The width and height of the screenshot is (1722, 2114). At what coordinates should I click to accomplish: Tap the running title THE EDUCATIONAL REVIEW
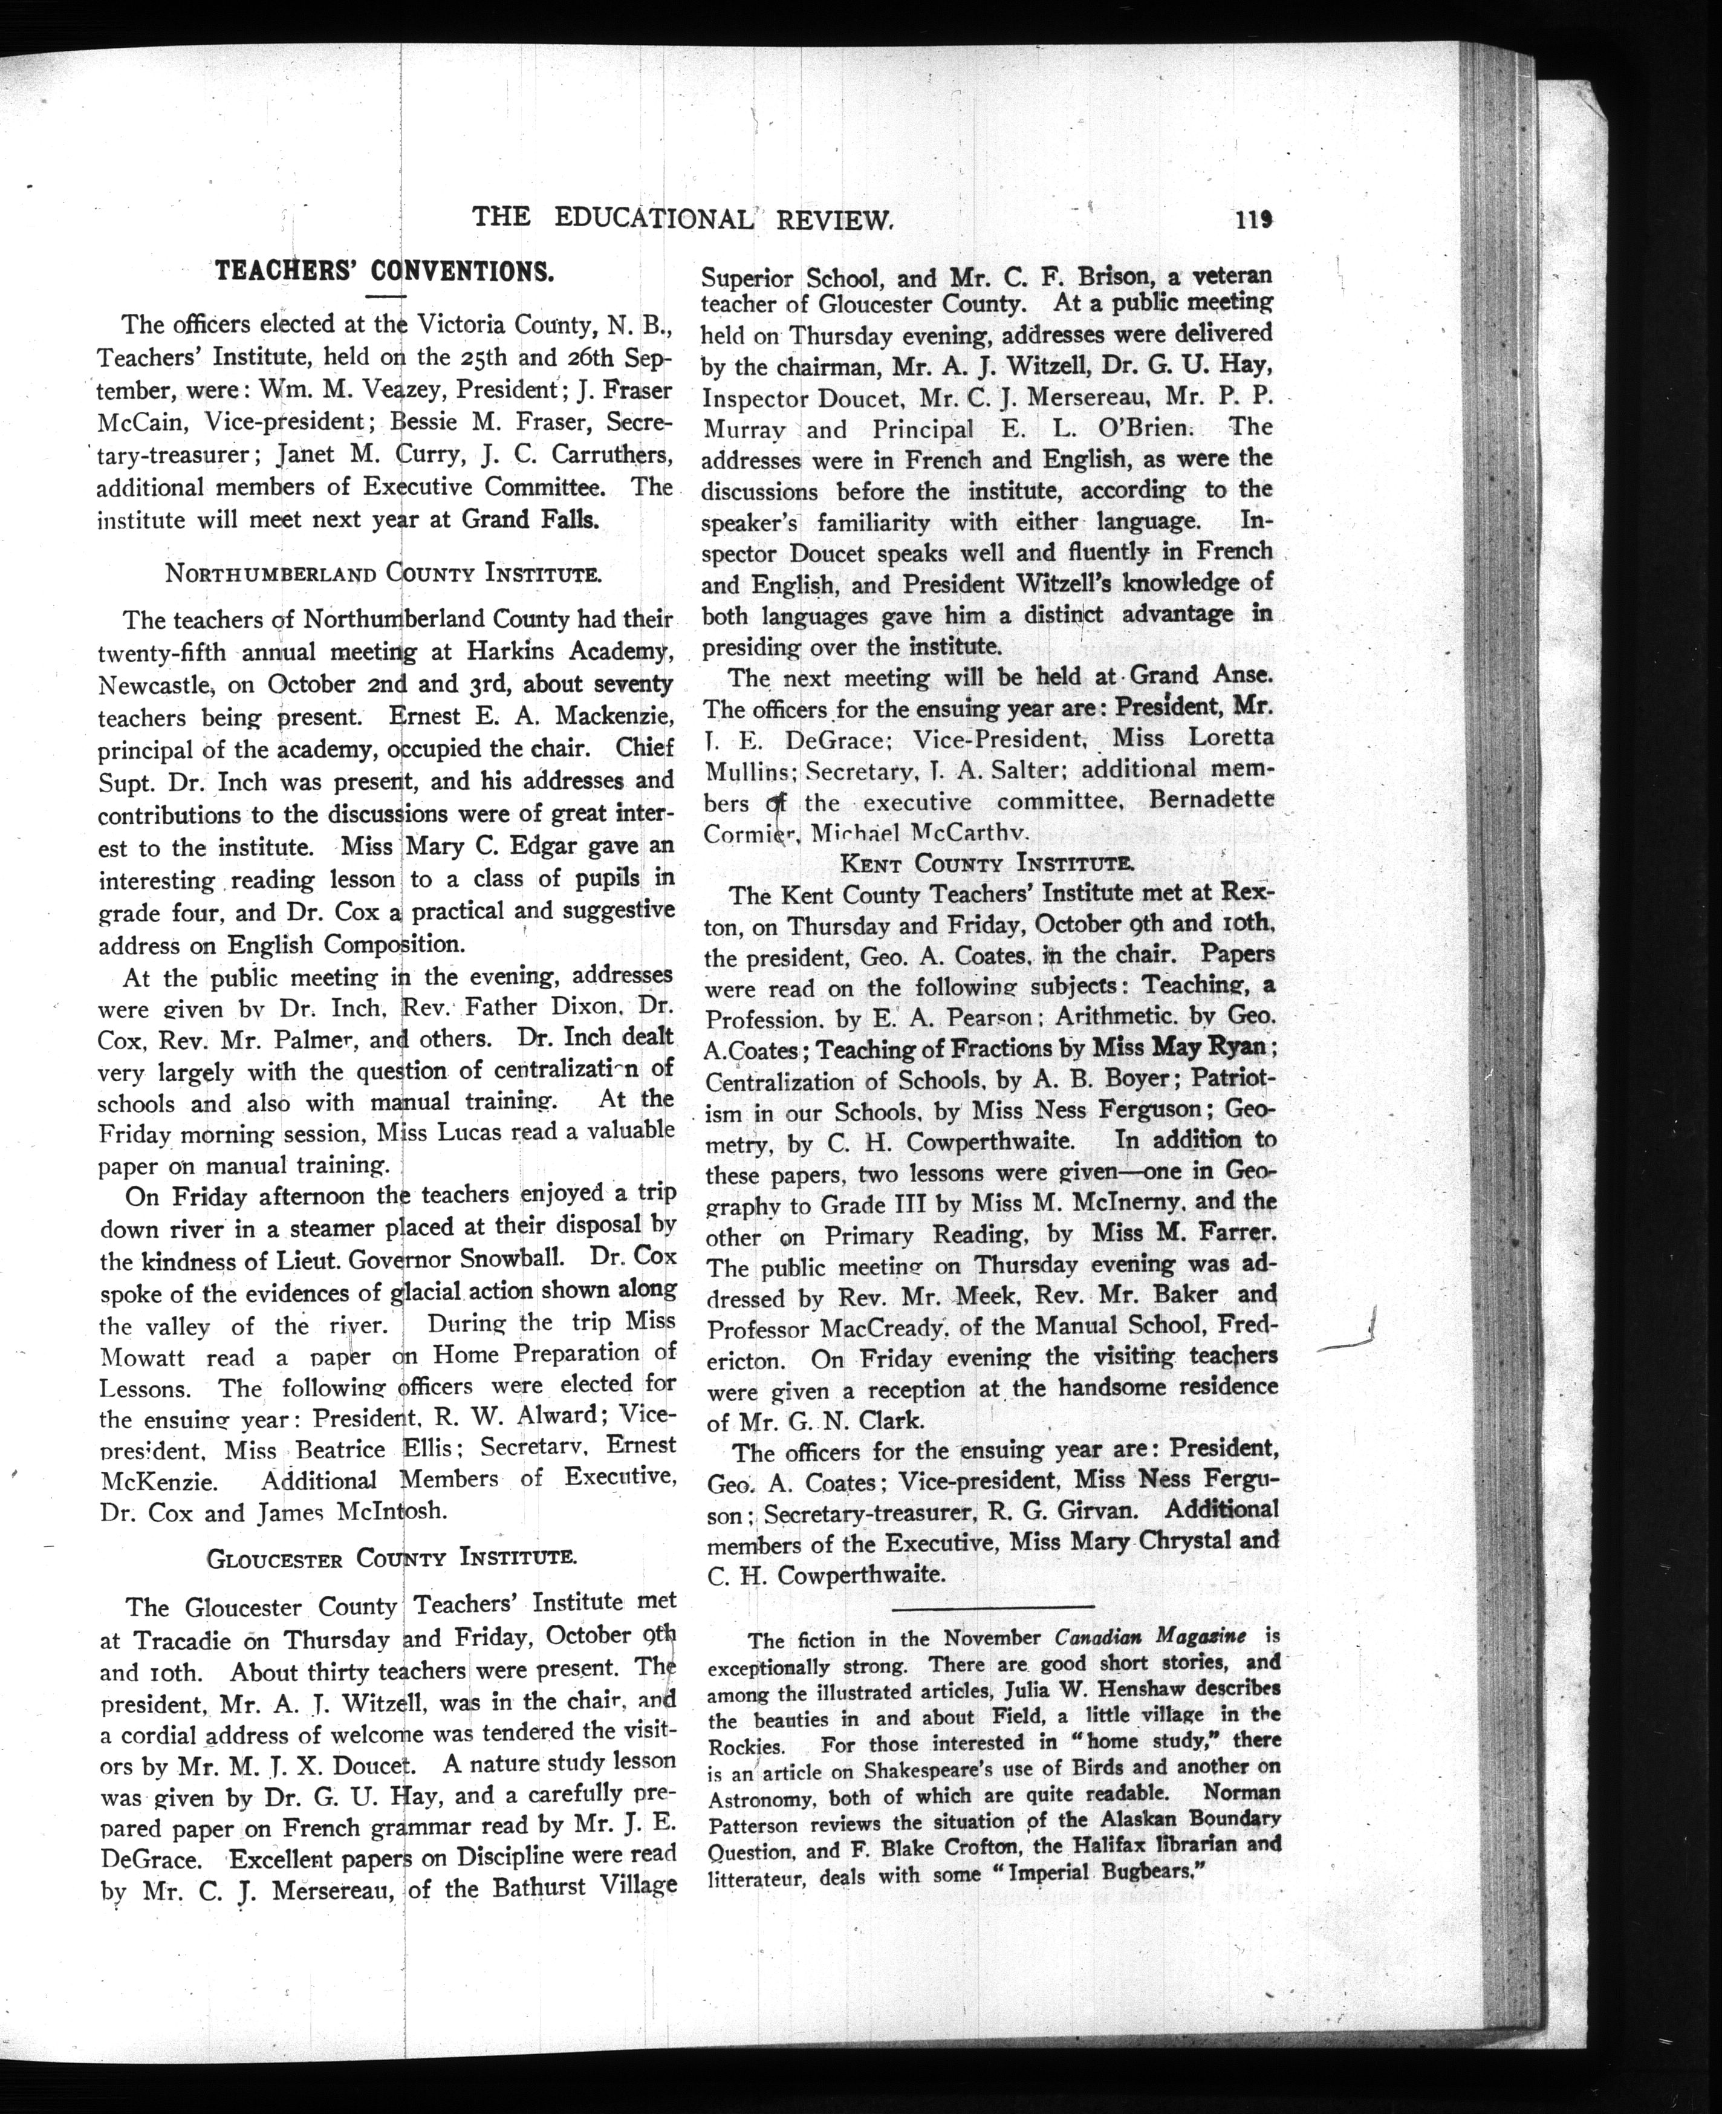coord(683,218)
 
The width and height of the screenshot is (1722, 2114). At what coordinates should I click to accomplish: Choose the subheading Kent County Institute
coord(987,863)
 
